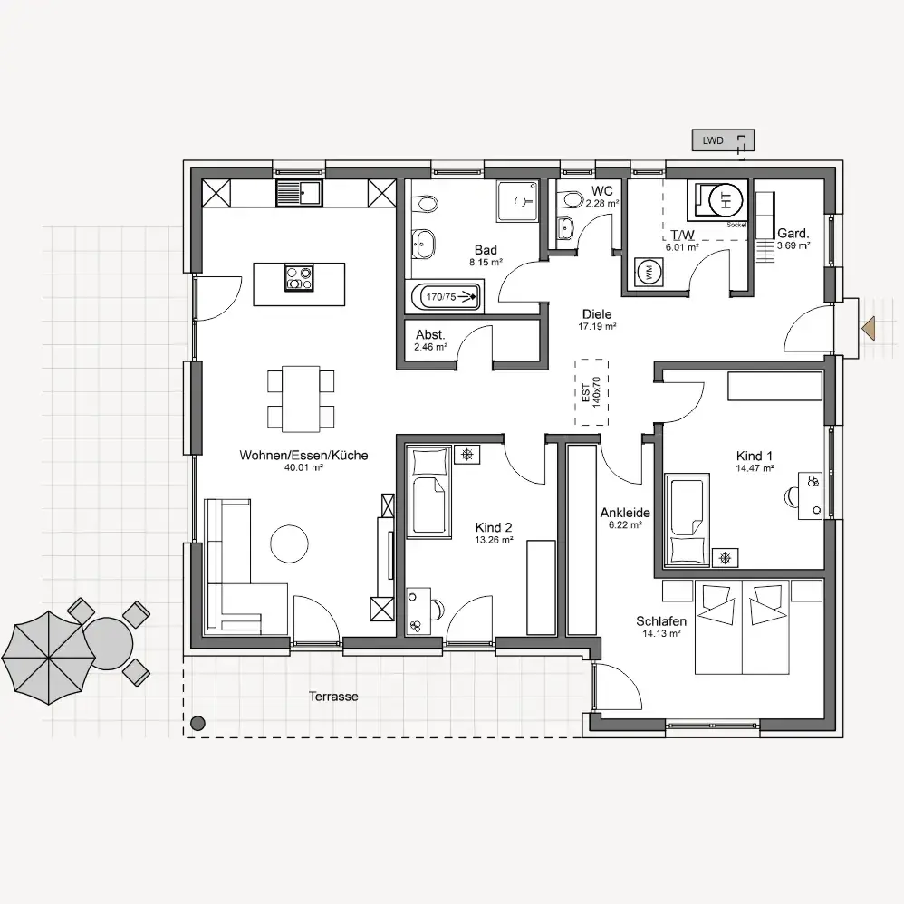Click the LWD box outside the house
[x=723, y=140]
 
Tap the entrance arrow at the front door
[x=869, y=328]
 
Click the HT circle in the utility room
[x=726, y=200]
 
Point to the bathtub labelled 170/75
[x=446, y=297]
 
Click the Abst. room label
[x=430, y=334]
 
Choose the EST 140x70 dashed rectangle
[x=591, y=392]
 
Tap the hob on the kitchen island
[x=299, y=277]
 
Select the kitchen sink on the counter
[x=299, y=193]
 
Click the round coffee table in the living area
[x=290, y=543]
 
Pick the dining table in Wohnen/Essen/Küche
[x=301, y=399]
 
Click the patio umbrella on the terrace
[x=48, y=658]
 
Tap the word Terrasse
[x=334, y=696]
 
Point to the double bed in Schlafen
[x=742, y=627]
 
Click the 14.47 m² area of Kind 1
[x=755, y=468]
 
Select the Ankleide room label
[x=625, y=513]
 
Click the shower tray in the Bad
[x=518, y=200]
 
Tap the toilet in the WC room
[x=572, y=199]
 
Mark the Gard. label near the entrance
[x=793, y=233]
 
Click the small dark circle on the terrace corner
[x=197, y=723]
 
